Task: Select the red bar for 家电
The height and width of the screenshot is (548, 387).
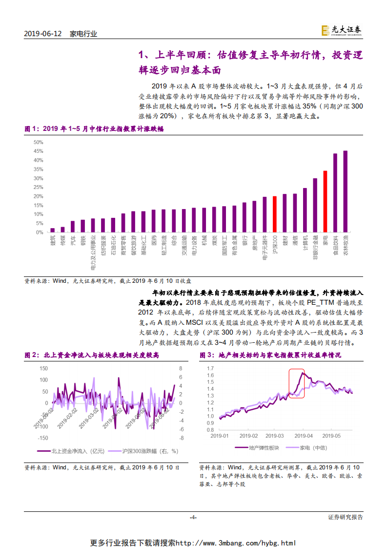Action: (325, 201)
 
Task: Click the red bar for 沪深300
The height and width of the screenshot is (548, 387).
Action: (275, 214)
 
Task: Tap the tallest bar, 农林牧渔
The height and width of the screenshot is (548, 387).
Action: (346, 191)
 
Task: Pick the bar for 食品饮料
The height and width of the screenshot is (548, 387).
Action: (335, 192)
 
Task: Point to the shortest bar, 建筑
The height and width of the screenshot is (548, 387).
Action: (53, 230)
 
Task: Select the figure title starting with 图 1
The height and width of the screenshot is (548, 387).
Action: (94, 129)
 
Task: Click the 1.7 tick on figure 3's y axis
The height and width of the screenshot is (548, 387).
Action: (210, 368)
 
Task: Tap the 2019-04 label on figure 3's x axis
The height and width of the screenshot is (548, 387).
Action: (304, 435)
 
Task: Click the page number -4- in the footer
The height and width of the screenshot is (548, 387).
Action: (193, 517)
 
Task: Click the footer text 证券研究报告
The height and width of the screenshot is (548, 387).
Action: (345, 517)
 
